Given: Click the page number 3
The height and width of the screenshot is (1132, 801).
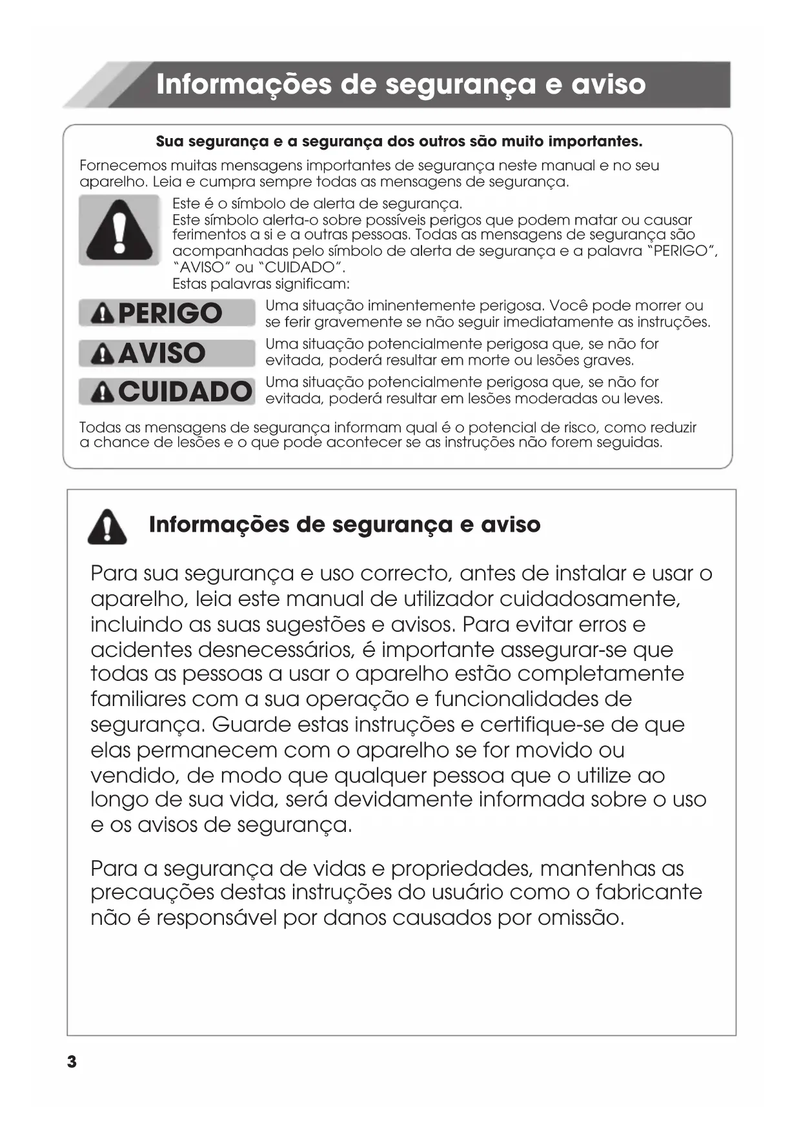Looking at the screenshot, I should click(72, 1062).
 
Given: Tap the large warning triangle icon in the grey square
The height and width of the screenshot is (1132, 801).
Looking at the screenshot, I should click(119, 230).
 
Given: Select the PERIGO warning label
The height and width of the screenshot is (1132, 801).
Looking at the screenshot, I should click(167, 314).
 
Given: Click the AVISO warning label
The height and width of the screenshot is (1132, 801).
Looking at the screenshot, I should click(167, 353).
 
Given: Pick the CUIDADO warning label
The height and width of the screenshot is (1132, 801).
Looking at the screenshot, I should click(167, 392).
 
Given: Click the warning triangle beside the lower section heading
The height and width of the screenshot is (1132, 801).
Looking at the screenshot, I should click(107, 526).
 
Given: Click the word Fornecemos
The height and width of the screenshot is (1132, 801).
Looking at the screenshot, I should click(123, 166).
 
